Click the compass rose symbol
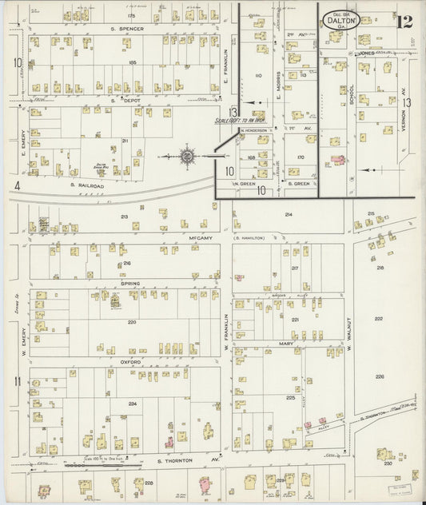(x=187, y=156)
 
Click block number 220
(x=132, y=323)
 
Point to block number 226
(x=380, y=376)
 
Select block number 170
(x=300, y=157)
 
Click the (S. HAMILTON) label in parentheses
(x=249, y=237)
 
